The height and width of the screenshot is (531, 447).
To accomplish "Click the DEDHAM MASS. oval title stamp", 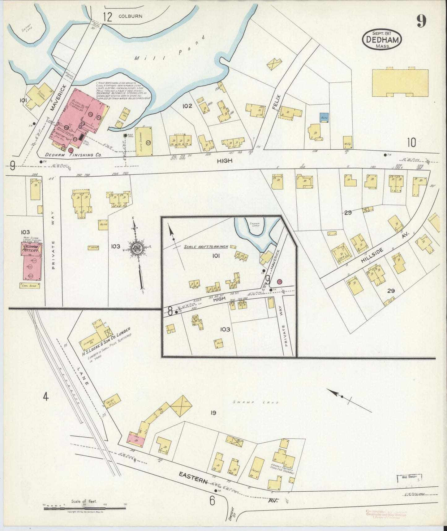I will click(382, 40).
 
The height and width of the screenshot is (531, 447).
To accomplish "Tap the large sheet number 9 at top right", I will click(421, 21).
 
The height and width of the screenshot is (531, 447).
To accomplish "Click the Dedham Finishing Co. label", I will click(73, 155).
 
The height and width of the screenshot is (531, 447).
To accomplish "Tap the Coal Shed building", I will click(30, 286).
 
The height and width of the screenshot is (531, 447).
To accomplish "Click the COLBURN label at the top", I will click(130, 16).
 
